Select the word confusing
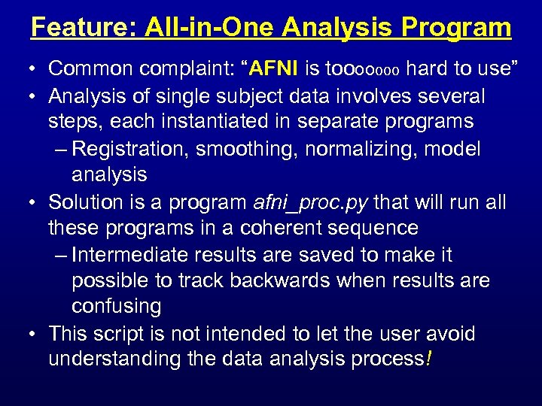coord(116,307)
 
